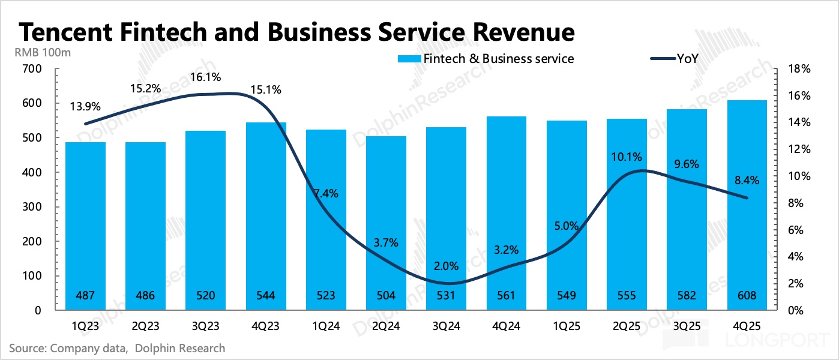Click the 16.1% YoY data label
tap(206, 77)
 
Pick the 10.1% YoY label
tap(627, 157)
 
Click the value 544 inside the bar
tap(266, 296)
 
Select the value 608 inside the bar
tap(747, 296)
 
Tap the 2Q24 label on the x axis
tap(386, 327)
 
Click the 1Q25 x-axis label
tap(567, 327)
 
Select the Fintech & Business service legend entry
tap(486, 59)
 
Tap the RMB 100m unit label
tap(43, 52)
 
